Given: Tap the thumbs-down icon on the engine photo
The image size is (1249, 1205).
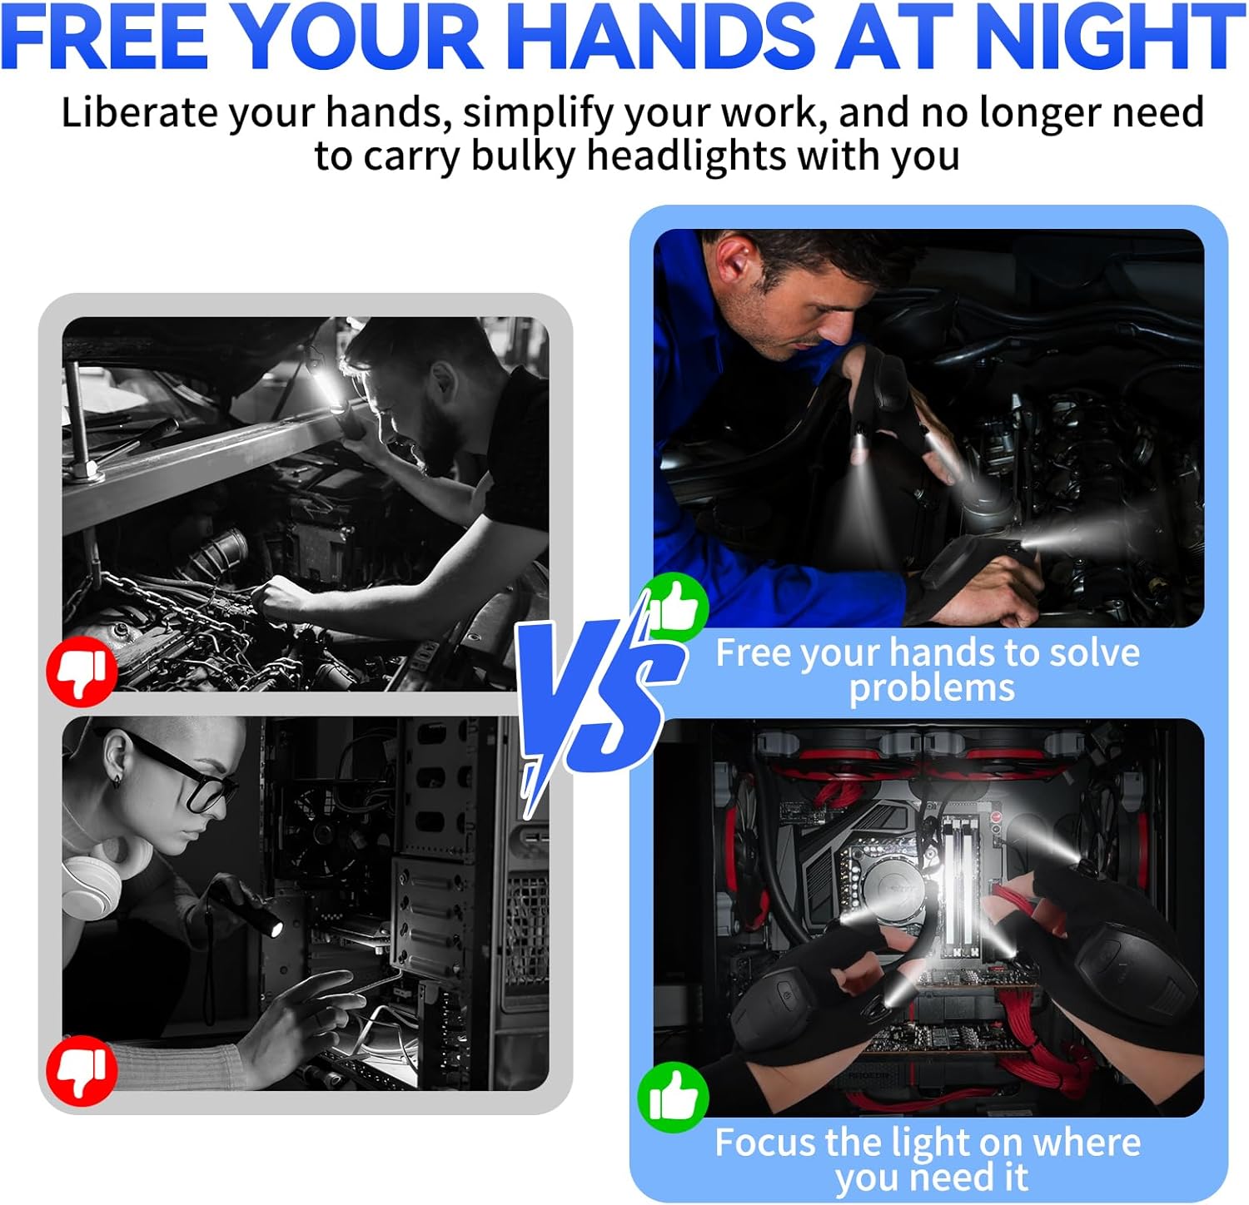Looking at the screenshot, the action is (82, 672).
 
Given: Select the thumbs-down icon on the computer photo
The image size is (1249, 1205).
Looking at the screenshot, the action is (82, 1070).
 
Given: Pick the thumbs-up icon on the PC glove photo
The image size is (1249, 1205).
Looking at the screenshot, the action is (673, 1097).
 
